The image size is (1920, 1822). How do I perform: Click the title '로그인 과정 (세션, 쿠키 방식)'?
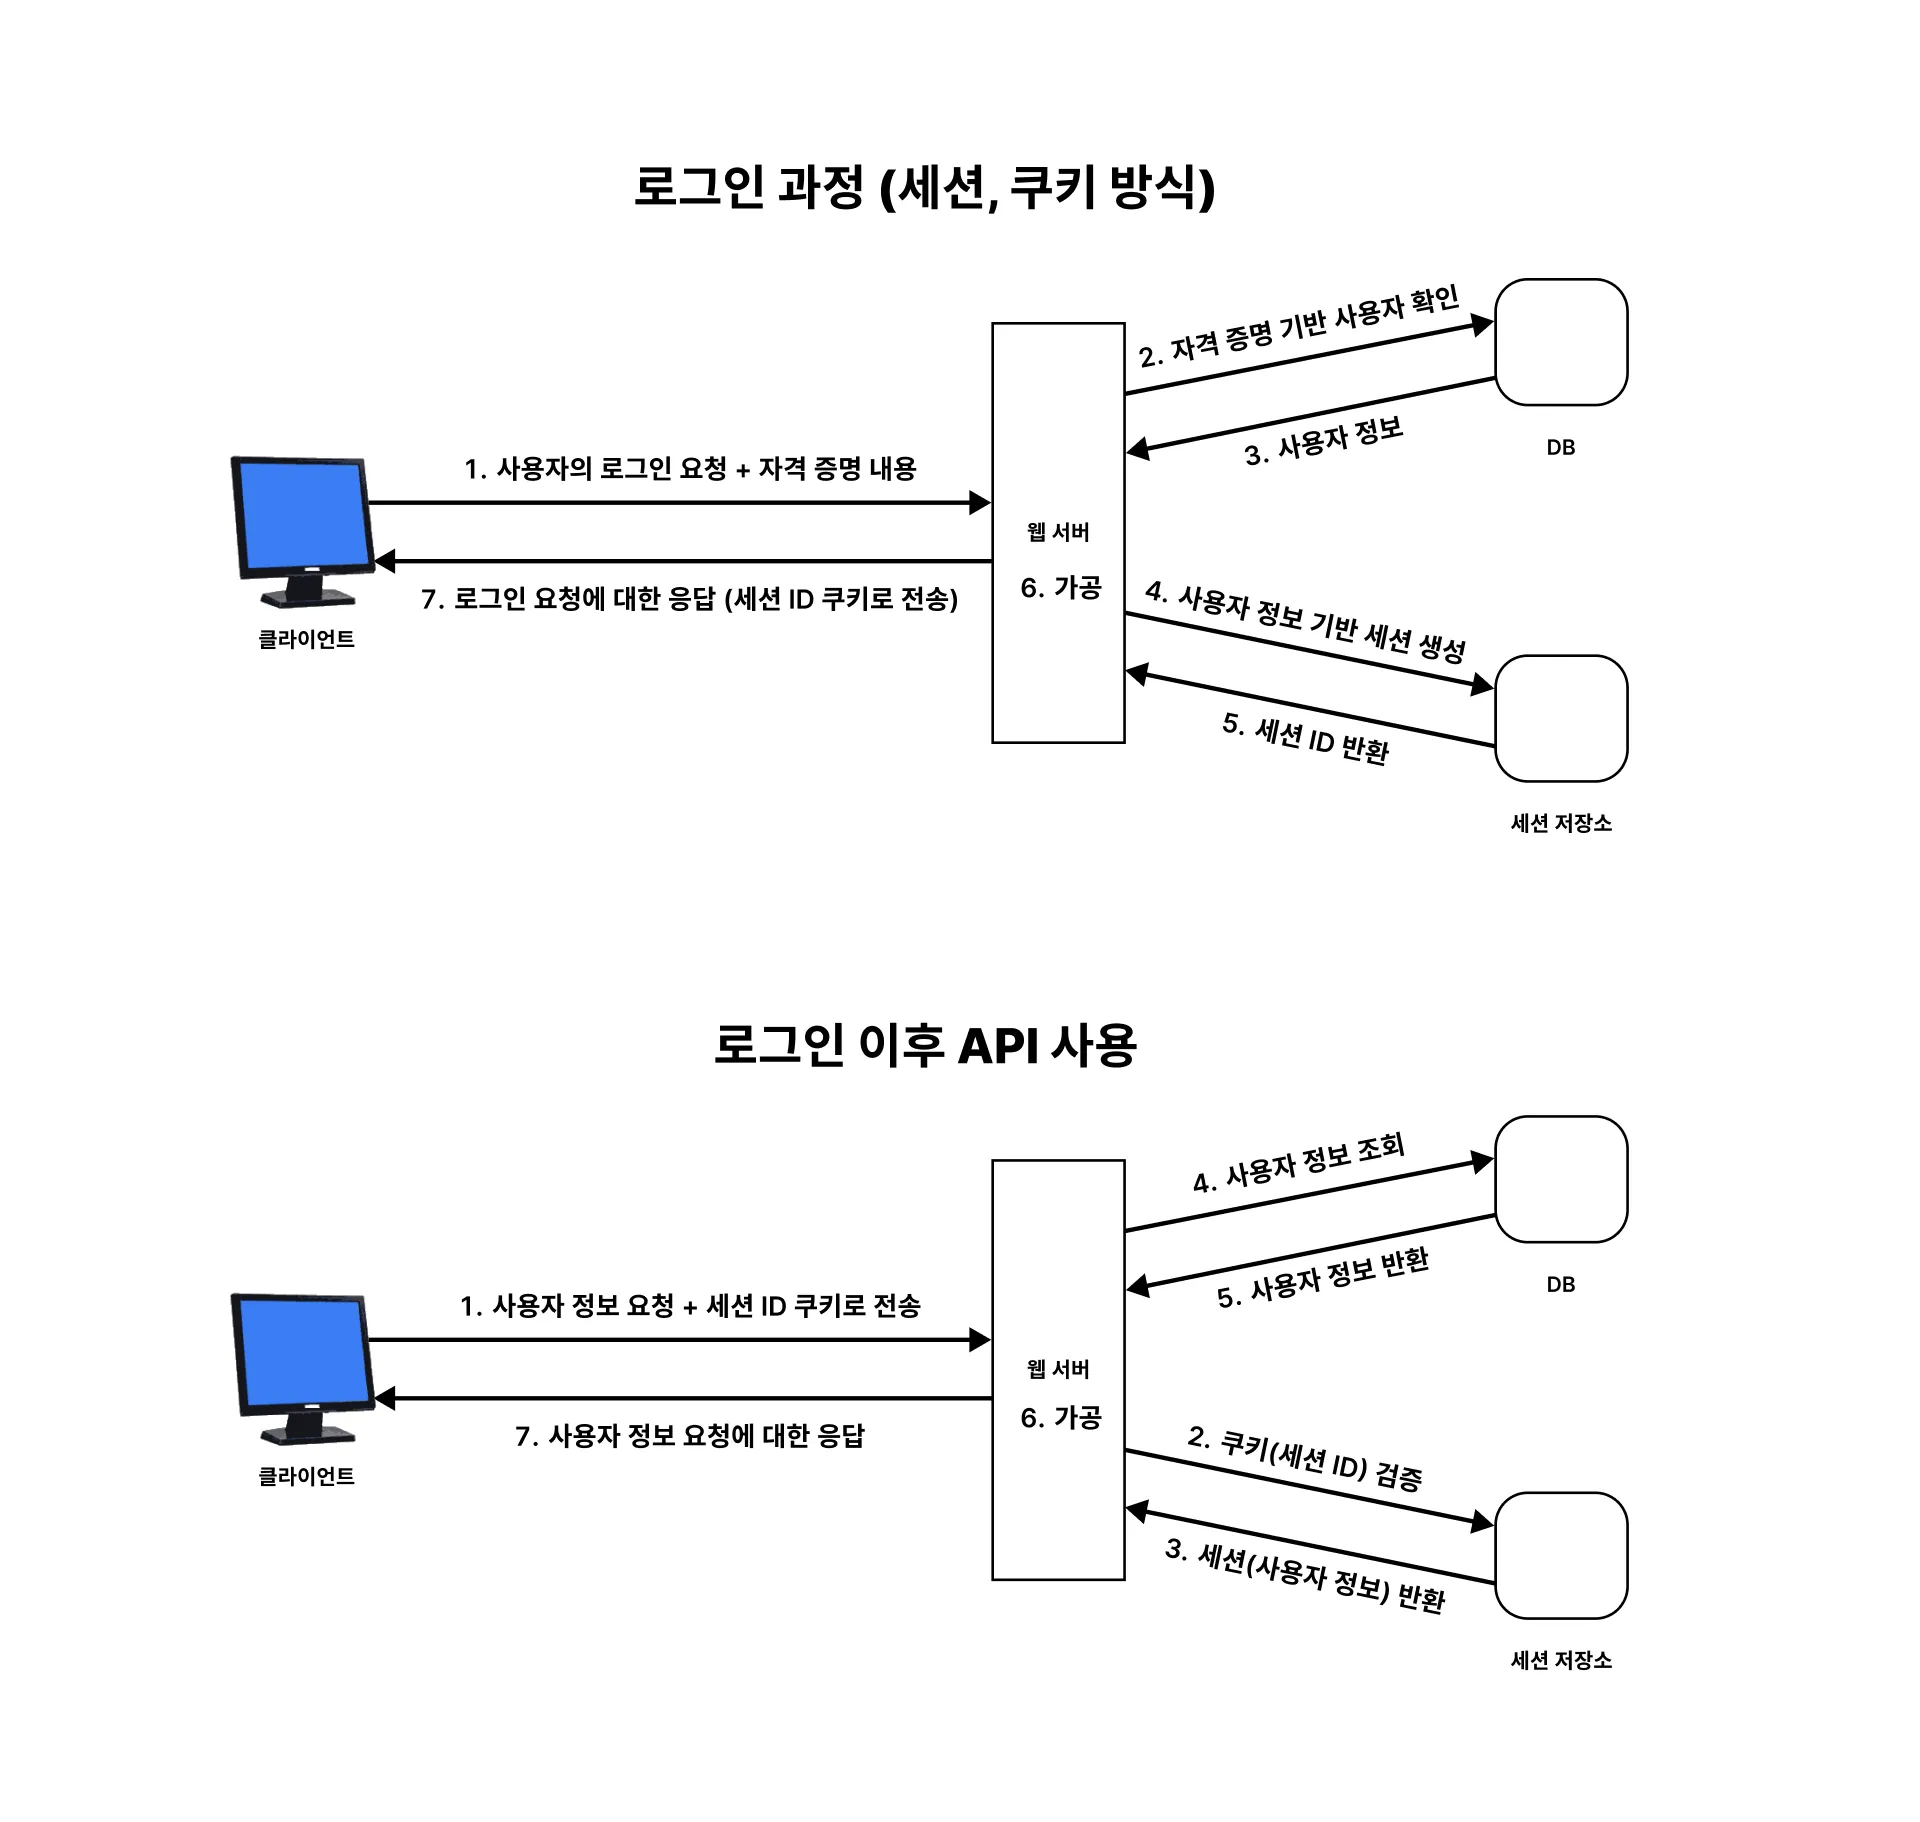pyautogui.click(x=924, y=187)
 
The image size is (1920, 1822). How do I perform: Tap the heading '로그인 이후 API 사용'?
pyautogui.click(x=925, y=1045)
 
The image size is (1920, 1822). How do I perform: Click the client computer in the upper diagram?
pyautogui.click(x=303, y=531)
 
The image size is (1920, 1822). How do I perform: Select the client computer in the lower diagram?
pyautogui.click(x=303, y=1368)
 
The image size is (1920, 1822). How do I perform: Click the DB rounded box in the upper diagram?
pyautogui.click(x=1561, y=342)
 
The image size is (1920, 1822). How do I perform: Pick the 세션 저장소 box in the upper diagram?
pyautogui.click(x=1561, y=718)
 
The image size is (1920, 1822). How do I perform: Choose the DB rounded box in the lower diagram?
pyautogui.click(x=1561, y=1179)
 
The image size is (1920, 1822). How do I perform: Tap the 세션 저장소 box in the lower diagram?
pyautogui.click(x=1561, y=1555)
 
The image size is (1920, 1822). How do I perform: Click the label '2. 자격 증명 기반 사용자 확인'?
pyautogui.click(x=1299, y=327)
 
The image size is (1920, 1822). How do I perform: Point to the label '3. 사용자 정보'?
pyautogui.click(x=1324, y=442)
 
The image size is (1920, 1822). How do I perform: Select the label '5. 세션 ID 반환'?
pyautogui.click(x=1306, y=738)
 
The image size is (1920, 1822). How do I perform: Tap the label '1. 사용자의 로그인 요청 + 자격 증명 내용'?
pyautogui.click(x=690, y=468)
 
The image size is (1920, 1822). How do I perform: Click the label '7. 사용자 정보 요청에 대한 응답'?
pyautogui.click(x=690, y=1436)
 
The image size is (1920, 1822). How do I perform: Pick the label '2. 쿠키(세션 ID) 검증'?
pyautogui.click(x=1305, y=1458)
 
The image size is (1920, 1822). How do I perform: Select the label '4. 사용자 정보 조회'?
pyautogui.click(x=1299, y=1163)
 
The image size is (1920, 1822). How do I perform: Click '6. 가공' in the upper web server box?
pyautogui.click(x=1061, y=588)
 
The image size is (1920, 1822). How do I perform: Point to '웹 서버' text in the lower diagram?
pyautogui.click(x=1058, y=1369)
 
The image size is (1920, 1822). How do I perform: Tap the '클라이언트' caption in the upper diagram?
pyautogui.click(x=307, y=639)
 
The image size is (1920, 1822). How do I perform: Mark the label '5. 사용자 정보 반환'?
pyautogui.click(x=1323, y=1279)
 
